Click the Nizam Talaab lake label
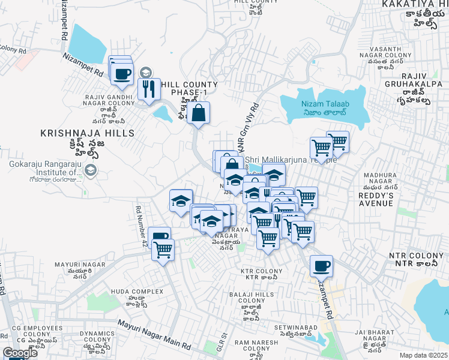[325, 104]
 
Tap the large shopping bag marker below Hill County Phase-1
[199, 113]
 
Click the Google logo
[20, 353]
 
